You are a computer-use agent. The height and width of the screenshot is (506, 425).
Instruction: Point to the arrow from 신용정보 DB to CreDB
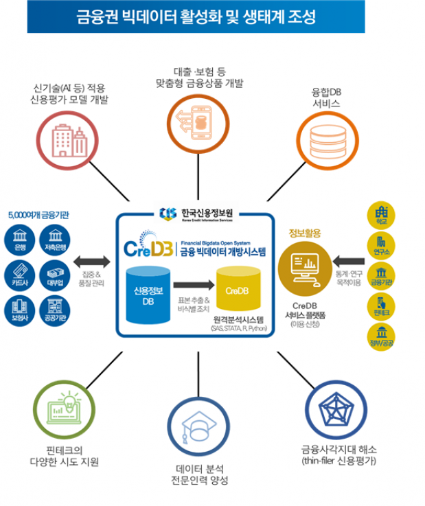(192, 283)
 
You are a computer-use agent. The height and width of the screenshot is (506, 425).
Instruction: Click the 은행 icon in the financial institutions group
(17, 240)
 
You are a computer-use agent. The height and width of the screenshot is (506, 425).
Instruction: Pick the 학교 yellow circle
(382, 215)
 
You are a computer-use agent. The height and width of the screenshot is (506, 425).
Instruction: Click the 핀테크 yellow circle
(382, 306)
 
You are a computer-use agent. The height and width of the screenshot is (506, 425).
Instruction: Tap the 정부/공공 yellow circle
(382, 337)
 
